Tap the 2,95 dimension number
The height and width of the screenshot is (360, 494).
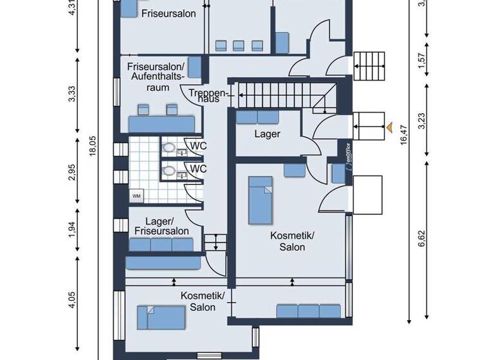pyautogui.click(x=72, y=174)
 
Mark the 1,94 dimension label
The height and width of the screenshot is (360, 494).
pyautogui.click(x=72, y=230)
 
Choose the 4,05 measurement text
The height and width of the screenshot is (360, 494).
pyautogui.click(x=72, y=301)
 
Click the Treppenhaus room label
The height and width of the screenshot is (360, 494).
pyautogui.click(x=205, y=96)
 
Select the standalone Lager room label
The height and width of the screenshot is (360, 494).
pyautogui.click(x=267, y=134)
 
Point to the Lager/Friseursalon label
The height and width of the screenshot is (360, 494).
pyautogui.click(x=161, y=226)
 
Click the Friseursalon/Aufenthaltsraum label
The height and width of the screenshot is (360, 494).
pyautogui.click(x=156, y=76)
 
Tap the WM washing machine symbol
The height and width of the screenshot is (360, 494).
pyautogui.click(x=136, y=195)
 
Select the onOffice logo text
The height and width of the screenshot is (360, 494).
pyautogui.click(x=347, y=154)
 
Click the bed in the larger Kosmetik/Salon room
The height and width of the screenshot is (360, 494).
pyautogui.click(x=262, y=200)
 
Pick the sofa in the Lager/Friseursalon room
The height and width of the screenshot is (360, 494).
pyautogui.click(x=161, y=244)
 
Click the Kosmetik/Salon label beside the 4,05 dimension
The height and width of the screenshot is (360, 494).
pyautogui.click(x=202, y=301)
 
